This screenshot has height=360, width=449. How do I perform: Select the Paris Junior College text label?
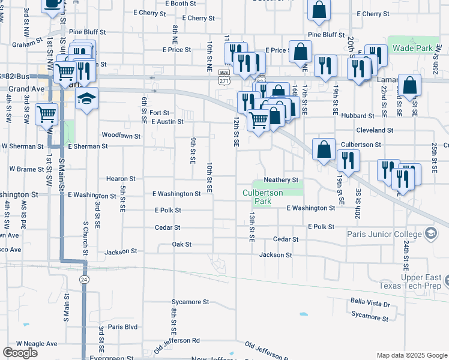[384, 233]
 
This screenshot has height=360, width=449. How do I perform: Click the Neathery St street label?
[281, 179]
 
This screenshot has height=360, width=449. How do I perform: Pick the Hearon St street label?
[121, 178]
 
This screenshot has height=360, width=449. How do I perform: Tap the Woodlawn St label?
[121, 136]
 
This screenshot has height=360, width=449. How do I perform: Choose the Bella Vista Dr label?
[370, 304]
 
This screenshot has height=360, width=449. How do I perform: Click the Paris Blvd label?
[123, 326]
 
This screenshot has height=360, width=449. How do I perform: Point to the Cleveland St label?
[374, 130]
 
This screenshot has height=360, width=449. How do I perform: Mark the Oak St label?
[181, 244]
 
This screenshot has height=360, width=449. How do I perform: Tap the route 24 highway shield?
[84, 280]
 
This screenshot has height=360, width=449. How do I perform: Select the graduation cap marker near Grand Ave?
[86, 98]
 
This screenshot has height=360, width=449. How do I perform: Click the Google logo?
[20, 353]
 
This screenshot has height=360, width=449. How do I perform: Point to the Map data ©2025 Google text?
[412, 355]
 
